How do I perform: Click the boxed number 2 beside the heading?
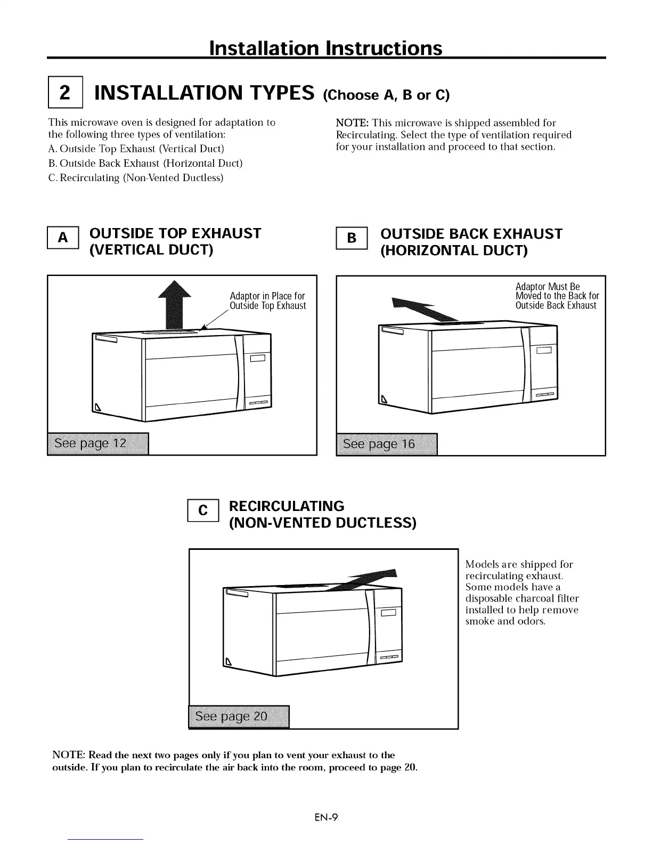(65, 93)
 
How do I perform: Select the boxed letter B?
(352, 238)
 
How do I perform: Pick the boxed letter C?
(203, 510)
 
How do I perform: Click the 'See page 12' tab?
(98, 444)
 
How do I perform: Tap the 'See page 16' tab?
(387, 444)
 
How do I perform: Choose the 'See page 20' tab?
(239, 717)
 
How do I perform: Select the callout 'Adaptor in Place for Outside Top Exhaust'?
(267, 301)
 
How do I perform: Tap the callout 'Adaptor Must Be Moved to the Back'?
(557, 296)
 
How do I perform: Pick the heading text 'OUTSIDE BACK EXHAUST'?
(471, 234)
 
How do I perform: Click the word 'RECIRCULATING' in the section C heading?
(287, 506)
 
